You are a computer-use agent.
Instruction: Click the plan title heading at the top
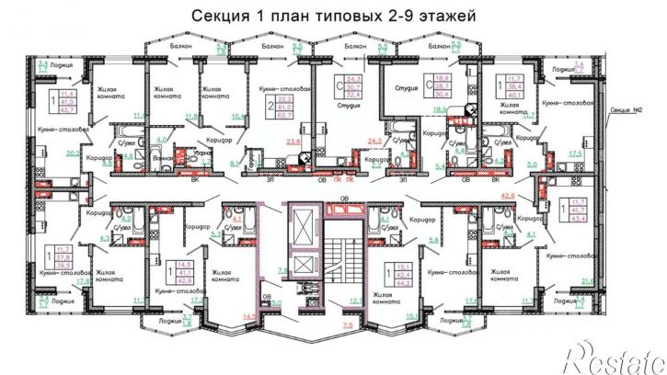point(333,17)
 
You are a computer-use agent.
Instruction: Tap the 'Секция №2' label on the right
point(628,108)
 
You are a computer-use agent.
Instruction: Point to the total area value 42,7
point(67,108)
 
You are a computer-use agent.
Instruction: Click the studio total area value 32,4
point(355,95)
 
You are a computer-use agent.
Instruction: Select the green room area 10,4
point(238,117)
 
